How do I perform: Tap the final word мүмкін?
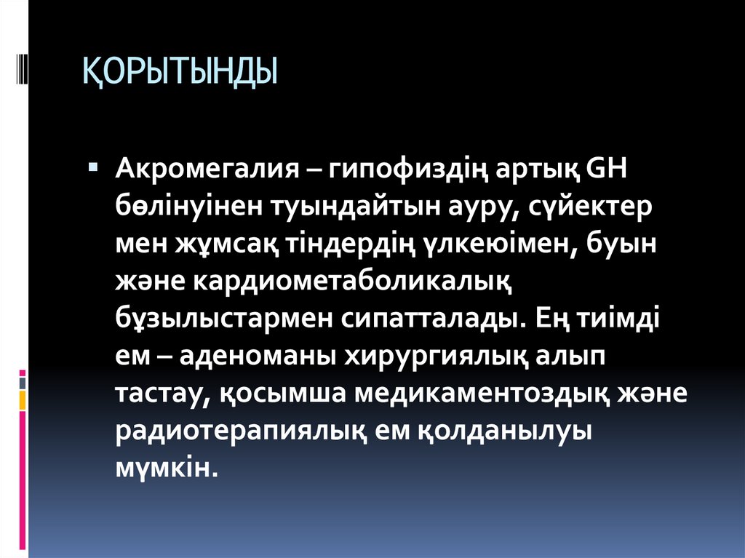(x=167, y=467)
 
